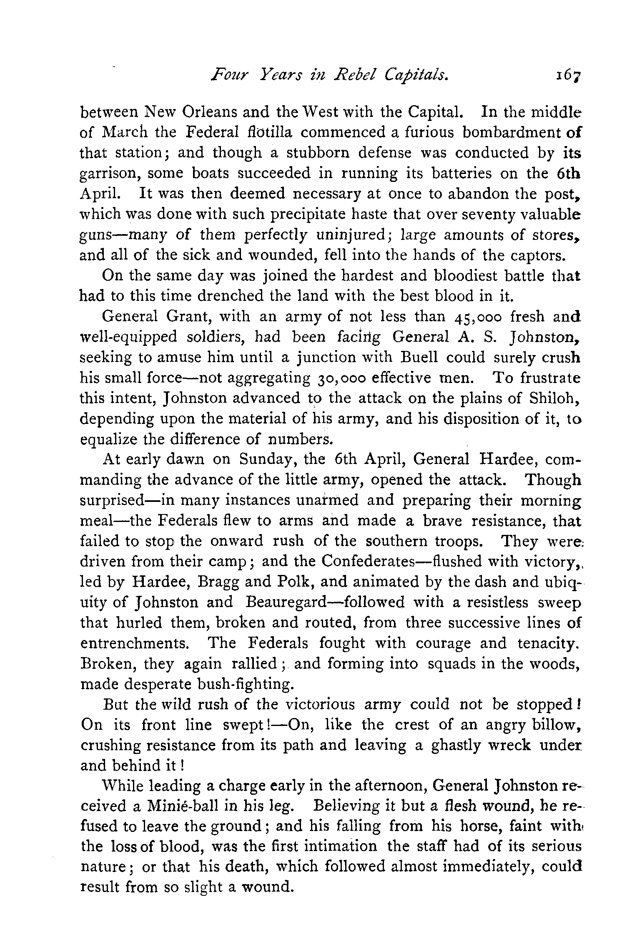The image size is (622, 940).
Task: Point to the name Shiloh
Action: [x=554, y=398]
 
